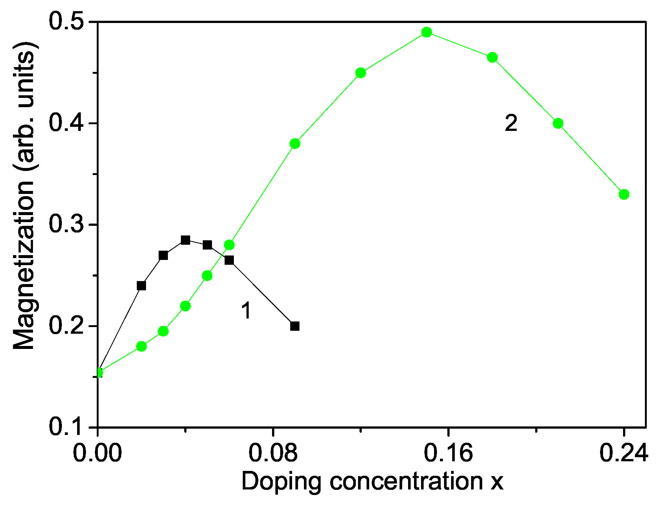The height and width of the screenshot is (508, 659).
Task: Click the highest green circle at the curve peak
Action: tap(427, 32)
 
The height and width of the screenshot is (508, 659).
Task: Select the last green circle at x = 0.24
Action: tap(624, 194)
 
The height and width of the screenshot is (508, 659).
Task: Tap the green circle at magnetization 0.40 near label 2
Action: tap(558, 123)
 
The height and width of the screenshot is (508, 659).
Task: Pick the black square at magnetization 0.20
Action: tap(295, 326)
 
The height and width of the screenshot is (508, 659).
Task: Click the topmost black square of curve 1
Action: tap(185, 240)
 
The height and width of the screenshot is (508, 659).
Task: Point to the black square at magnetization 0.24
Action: tap(141, 286)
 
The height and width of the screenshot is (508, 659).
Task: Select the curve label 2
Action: tap(511, 123)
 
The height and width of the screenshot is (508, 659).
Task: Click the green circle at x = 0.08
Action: tap(295, 144)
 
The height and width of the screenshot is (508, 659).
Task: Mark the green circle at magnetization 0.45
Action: tap(361, 73)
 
